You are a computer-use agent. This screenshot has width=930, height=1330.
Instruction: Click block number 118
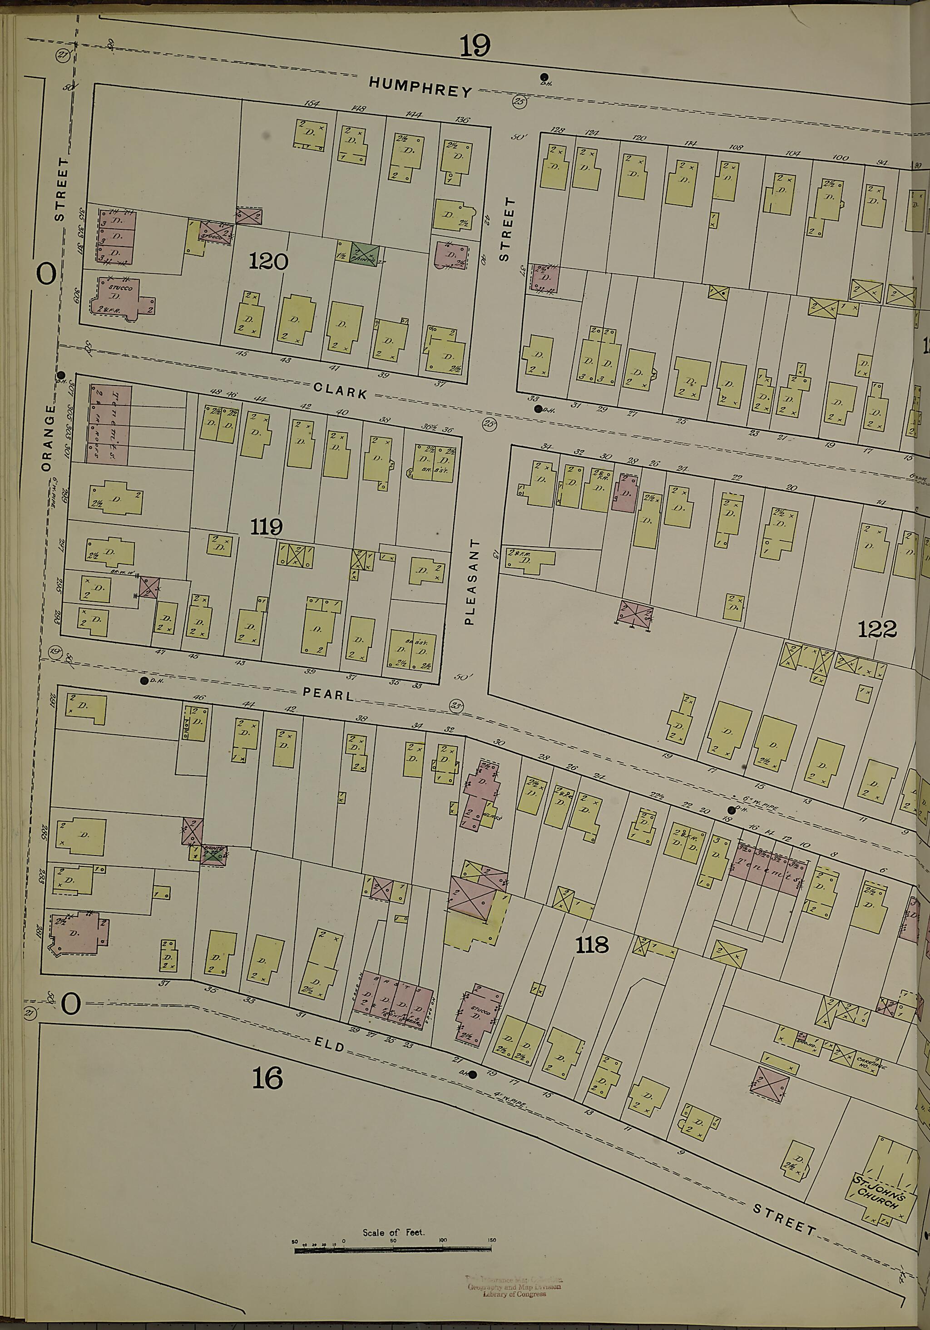592,945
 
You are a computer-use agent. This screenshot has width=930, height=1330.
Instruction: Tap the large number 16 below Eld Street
267,1078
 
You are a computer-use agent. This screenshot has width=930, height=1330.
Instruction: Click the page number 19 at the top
475,46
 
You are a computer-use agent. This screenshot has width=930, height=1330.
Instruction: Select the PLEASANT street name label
474,581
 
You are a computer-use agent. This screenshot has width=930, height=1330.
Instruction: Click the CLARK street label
340,391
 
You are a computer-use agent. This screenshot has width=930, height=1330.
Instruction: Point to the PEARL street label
328,694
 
